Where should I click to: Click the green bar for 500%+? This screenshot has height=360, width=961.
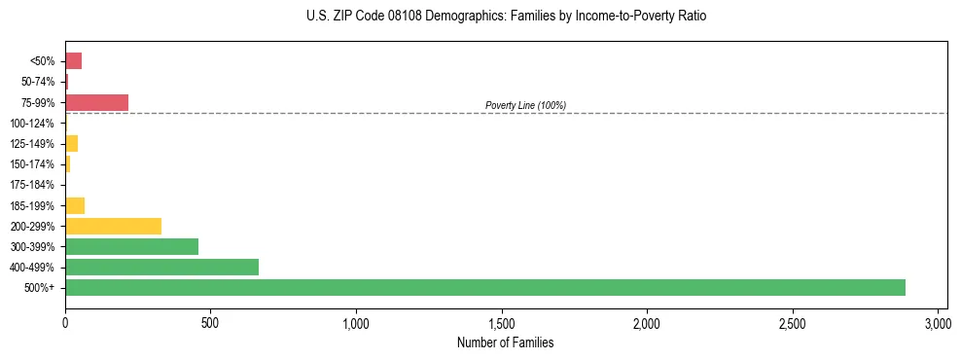[484, 287]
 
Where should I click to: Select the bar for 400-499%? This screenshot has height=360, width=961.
[161, 267]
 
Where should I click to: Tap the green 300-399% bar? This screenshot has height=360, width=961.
[131, 246]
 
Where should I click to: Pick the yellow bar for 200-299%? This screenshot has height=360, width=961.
[113, 226]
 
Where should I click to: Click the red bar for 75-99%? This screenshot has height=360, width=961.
[96, 102]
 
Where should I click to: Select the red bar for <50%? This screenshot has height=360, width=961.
[73, 61]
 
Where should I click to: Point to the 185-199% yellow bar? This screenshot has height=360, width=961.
[75, 205]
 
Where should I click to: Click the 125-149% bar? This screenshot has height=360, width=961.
[71, 144]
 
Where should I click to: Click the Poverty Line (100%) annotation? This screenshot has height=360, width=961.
[525, 105]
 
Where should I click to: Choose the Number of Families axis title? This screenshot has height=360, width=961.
[506, 342]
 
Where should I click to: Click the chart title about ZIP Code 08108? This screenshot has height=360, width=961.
[506, 17]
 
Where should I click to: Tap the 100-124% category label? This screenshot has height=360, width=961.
[32, 124]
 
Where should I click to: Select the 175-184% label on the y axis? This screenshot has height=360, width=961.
[32, 185]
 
